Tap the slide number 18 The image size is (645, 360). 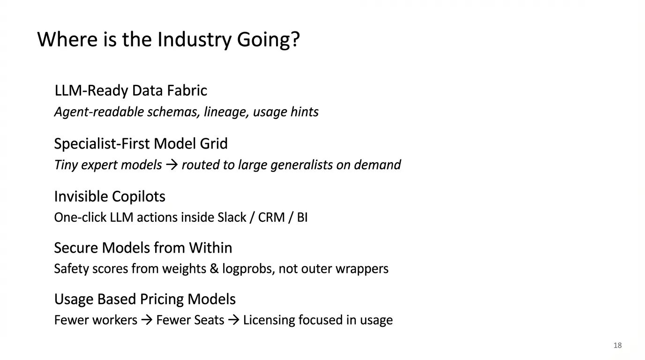tap(618, 345)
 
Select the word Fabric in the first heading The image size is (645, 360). tap(187, 90)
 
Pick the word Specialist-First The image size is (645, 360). tap(102, 144)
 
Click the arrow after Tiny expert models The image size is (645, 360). tap(172, 165)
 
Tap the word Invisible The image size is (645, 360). tap(81, 196)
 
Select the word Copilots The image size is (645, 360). tap(138, 197)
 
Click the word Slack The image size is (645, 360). tap(232, 217)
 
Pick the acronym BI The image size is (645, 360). tap(302, 217)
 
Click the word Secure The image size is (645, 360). tap(76, 247)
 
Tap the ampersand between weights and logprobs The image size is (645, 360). tap(214, 269)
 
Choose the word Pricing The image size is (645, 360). tap(162, 299)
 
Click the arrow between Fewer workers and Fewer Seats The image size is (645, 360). tap(147, 320)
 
